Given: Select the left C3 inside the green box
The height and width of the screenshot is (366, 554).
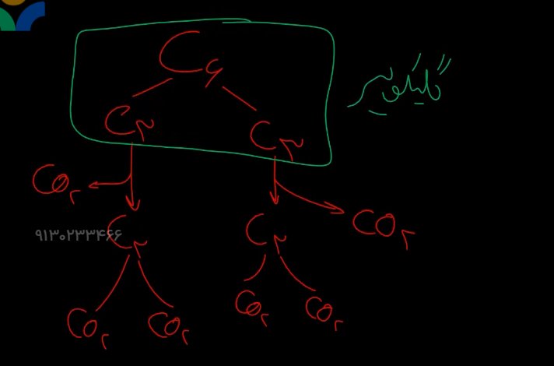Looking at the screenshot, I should [129, 121].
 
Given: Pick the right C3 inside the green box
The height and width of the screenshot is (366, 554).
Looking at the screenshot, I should [275, 137].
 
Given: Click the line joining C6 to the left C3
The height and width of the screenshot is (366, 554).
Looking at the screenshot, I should [153, 87].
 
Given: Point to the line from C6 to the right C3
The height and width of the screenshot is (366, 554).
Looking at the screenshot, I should [239, 98].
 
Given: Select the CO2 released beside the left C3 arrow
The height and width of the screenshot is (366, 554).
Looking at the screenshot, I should [55, 182].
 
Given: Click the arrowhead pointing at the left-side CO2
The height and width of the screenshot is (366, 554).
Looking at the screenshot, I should [93, 185].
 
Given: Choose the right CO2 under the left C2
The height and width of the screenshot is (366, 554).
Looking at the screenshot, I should [168, 327].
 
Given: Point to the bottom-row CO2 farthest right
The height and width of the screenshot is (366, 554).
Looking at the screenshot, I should [323, 312].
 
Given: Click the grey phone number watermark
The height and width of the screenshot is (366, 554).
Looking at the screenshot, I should [79, 234].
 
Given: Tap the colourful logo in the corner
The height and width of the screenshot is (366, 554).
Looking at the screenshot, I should [22, 15].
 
